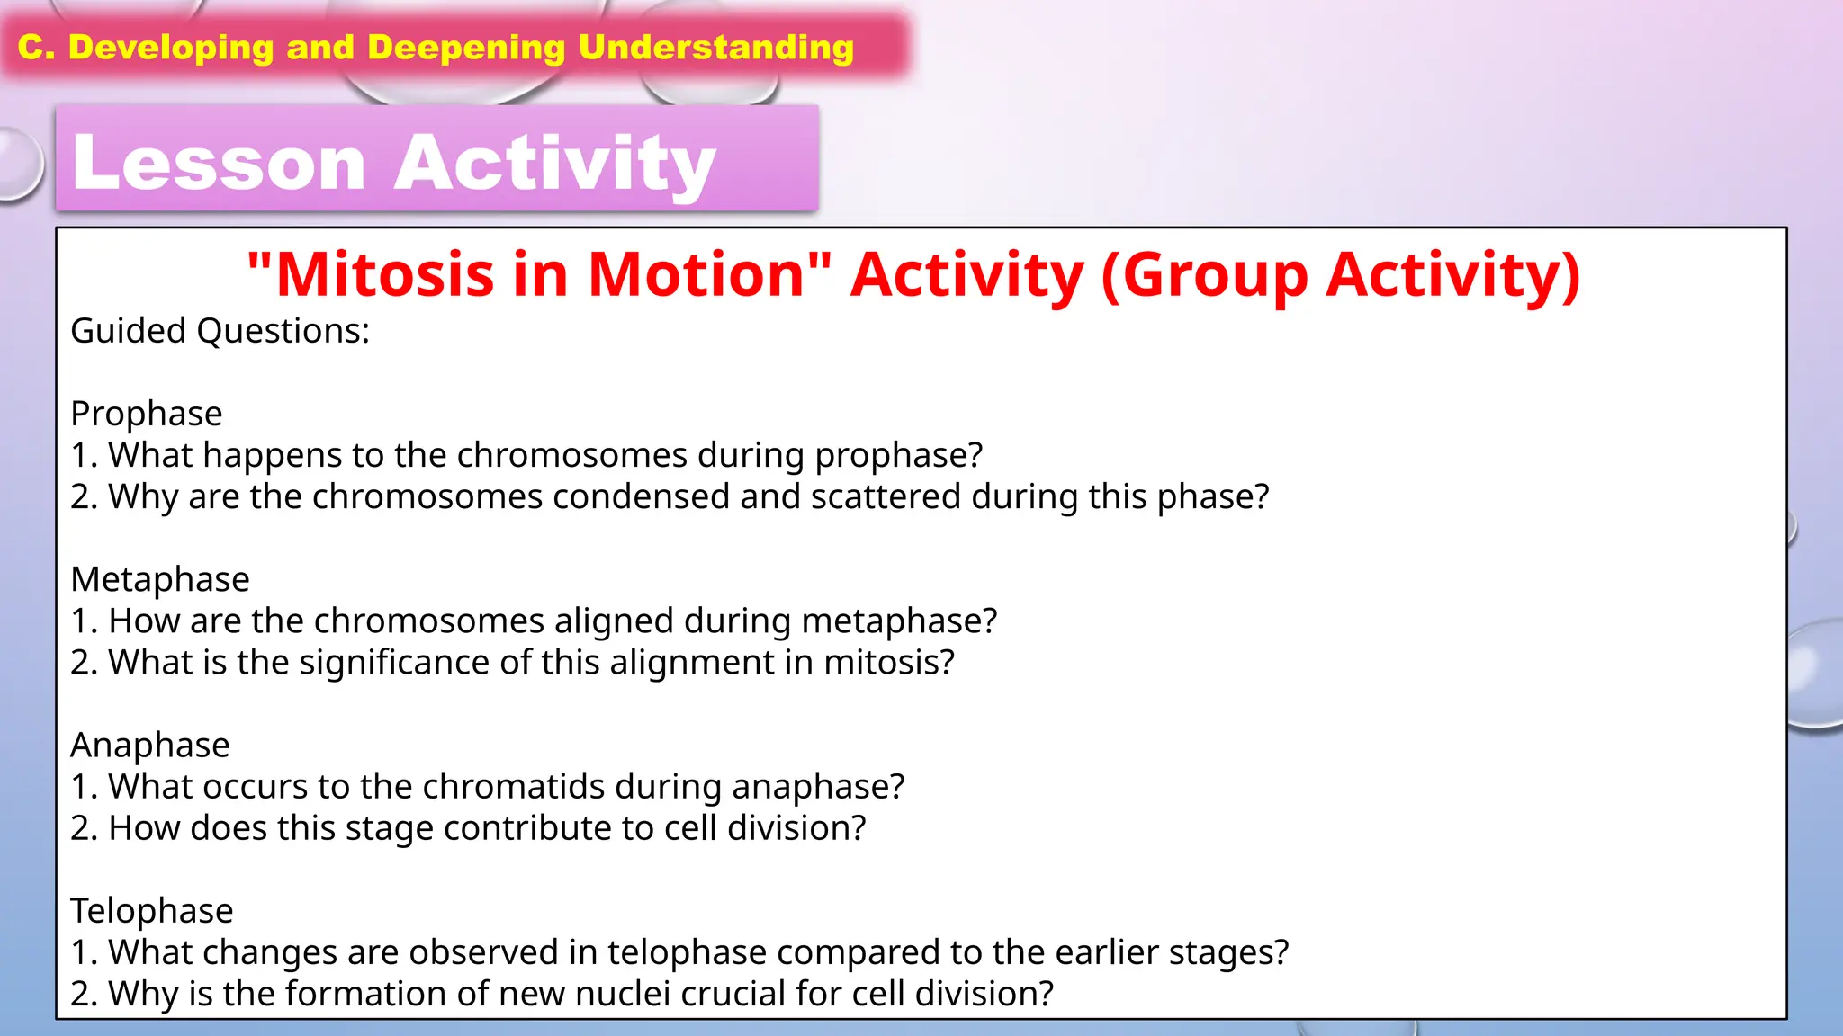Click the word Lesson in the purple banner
tap(219, 164)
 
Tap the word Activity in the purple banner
tap(555, 164)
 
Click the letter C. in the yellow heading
tap(37, 48)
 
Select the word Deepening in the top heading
tap(466, 48)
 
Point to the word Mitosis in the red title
tap(384, 274)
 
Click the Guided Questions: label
tap(220, 331)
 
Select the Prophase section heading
tap(147, 414)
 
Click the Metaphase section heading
tap(160, 579)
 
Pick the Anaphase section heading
tap(150, 745)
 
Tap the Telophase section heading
tap(152, 911)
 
